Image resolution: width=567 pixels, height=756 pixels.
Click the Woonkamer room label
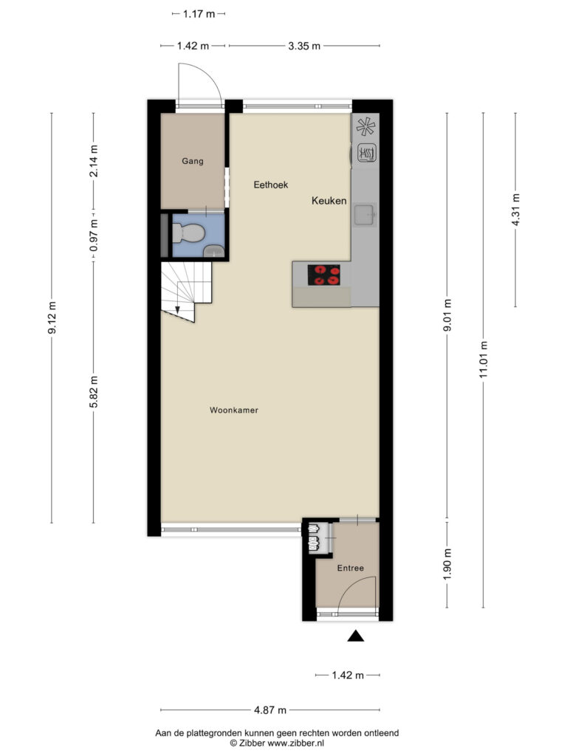click(234, 410)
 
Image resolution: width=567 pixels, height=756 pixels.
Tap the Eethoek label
click(271, 185)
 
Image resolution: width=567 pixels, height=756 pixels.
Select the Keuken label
click(329, 201)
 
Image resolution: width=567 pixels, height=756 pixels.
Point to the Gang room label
click(193, 161)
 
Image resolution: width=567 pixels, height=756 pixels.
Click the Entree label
click(351, 568)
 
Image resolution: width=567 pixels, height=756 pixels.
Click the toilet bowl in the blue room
click(189, 233)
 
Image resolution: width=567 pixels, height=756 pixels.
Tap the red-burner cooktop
click(324, 275)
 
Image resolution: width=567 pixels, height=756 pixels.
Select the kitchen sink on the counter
click(365, 215)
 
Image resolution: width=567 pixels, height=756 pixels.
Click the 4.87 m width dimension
click(270, 709)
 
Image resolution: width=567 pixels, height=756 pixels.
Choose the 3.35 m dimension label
click(304, 46)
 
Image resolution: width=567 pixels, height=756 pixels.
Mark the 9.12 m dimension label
click(52, 317)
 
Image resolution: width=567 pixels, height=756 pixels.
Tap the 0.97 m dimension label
click(94, 236)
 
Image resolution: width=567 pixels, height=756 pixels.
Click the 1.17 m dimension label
click(199, 14)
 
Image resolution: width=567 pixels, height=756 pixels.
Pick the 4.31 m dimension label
click(516, 210)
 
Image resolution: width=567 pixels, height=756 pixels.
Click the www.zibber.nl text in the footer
click(295, 743)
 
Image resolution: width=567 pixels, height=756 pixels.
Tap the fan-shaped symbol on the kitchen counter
click(365, 126)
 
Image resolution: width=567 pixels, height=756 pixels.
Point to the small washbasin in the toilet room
click(213, 251)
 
